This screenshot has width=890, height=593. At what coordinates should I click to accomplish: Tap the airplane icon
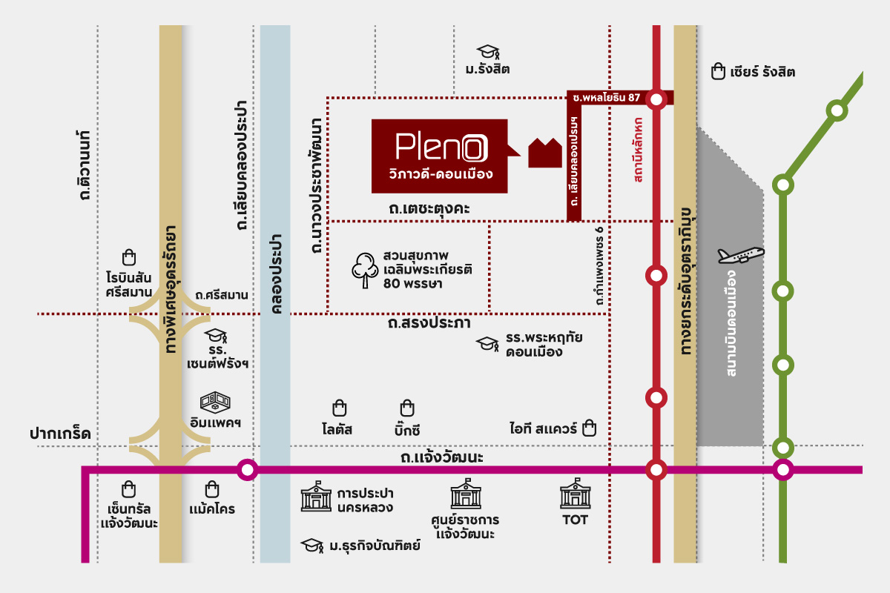(x=740, y=255)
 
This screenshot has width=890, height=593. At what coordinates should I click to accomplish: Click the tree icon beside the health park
(x=364, y=270)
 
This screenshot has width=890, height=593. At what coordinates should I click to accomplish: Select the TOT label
(x=575, y=520)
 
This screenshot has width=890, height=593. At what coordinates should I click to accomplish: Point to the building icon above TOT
(x=574, y=494)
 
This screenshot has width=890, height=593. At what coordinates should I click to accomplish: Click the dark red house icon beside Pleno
(x=545, y=153)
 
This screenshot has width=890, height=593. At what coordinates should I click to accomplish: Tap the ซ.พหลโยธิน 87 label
(x=607, y=98)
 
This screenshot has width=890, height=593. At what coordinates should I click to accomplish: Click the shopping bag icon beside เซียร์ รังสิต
(x=717, y=71)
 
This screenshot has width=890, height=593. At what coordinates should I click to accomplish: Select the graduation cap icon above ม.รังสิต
(x=487, y=52)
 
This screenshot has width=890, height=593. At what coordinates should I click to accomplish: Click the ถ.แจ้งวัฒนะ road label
(x=441, y=457)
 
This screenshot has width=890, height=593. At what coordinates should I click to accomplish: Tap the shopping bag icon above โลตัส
(x=339, y=408)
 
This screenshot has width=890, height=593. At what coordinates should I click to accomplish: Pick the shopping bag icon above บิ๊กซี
(x=407, y=408)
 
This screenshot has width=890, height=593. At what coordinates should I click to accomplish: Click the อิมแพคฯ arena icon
(x=215, y=403)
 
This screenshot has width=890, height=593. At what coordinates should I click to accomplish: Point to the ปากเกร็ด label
(x=60, y=434)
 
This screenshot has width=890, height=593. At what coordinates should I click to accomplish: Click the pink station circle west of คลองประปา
(x=247, y=470)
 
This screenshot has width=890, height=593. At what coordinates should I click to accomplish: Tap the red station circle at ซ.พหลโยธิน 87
(x=656, y=99)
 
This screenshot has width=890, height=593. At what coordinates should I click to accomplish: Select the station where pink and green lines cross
(x=782, y=470)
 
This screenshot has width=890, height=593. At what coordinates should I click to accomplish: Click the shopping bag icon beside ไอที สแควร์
(x=590, y=428)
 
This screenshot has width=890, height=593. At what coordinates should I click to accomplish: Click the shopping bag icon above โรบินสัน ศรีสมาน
(x=129, y=257)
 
